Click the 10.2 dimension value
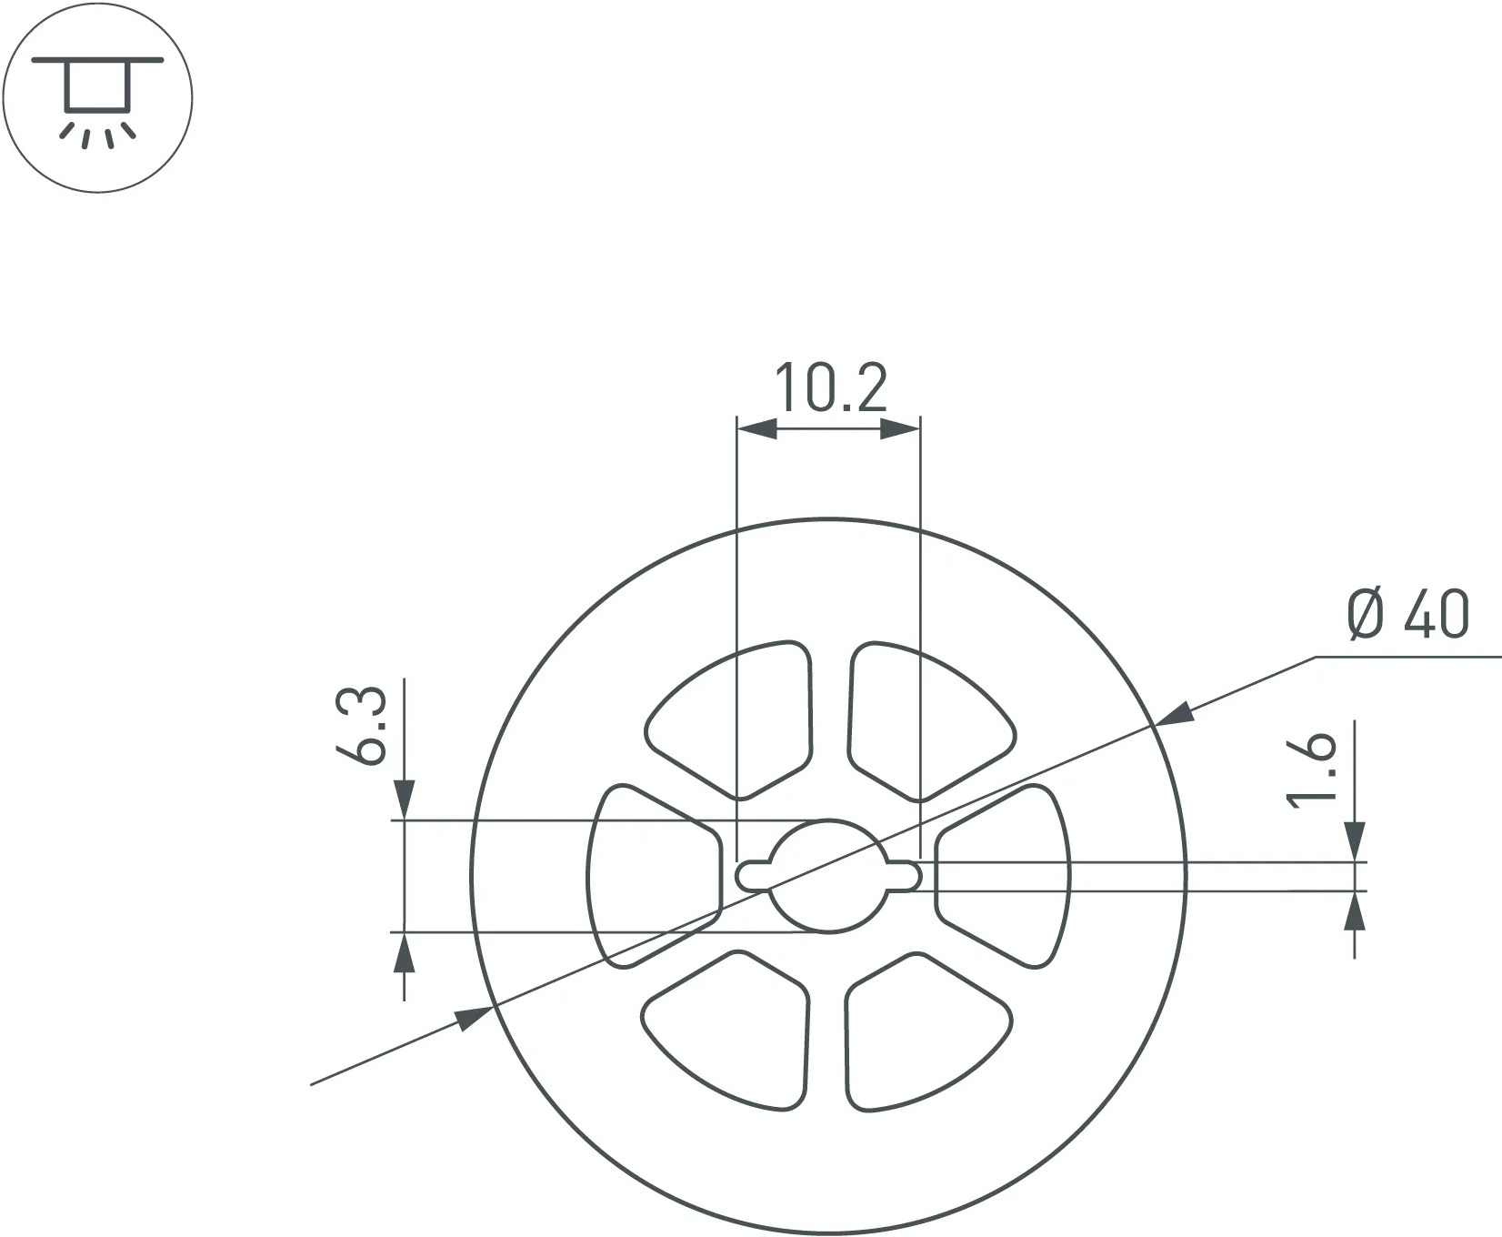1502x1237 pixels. point(830,388)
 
